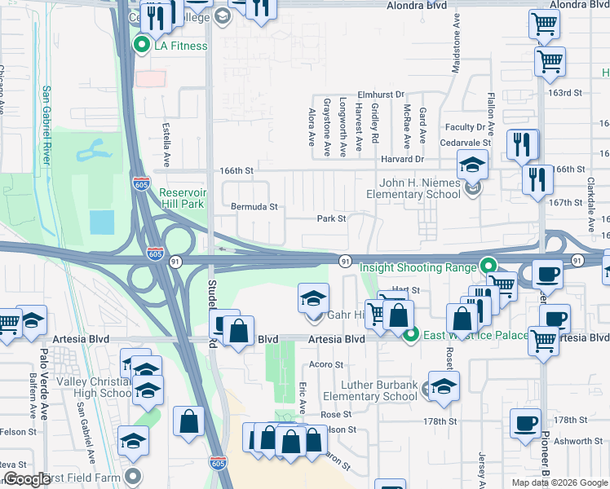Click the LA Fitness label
coord(180,46)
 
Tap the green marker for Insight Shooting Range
coord(488,266)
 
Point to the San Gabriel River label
coord(46,126)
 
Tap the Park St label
coord(332,218)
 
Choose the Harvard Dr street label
coord(400,159)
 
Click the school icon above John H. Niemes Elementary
coord(472,165)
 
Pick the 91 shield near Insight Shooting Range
coord(346,261)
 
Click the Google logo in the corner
coord(27,480)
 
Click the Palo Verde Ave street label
coord(43,368)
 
